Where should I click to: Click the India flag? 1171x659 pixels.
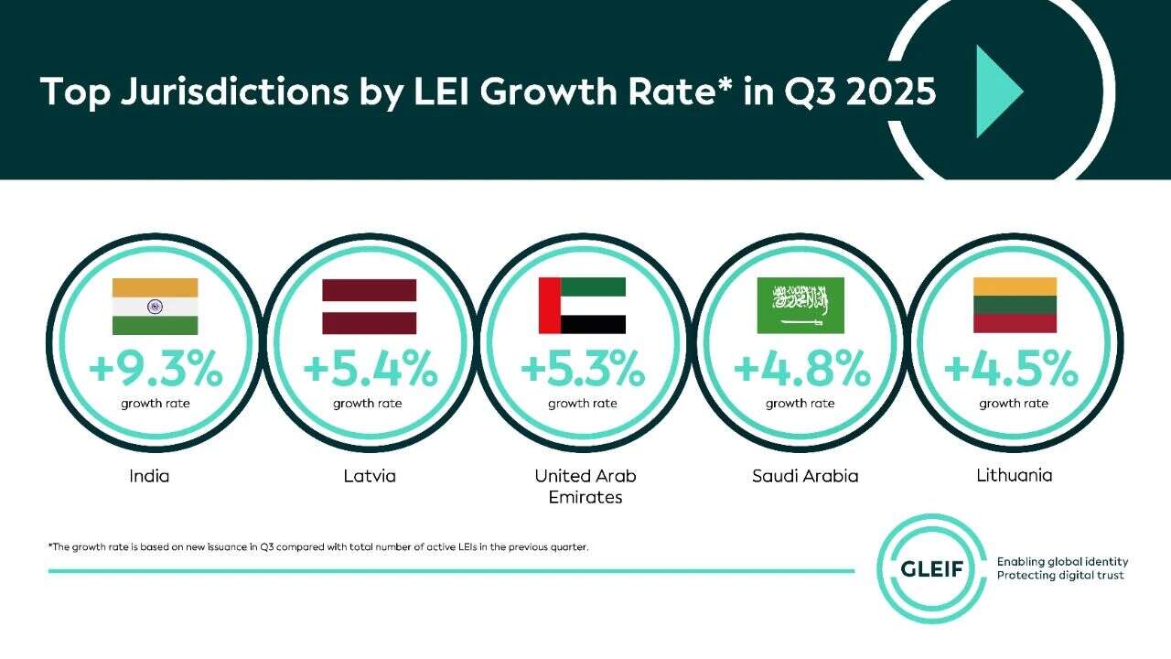pyautogui.click(x=155, y=307)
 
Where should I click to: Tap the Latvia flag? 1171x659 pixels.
pyautogui.click(x=369, y=307)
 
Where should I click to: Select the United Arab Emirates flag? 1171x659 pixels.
pyautogui.click(x=582, y=306)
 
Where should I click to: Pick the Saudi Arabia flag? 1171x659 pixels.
pyautogui.click(x=800, y=306)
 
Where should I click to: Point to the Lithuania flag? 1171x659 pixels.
pyautogui.click(x=1015, y=306)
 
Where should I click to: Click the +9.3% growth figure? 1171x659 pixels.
pyautogui.click(x=156, y=370)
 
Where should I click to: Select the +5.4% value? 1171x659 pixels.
pyautogui.click(x=370, y=370)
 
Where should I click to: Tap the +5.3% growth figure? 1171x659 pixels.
pyautogui.click(x=583, y=370)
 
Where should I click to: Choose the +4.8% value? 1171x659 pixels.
pyautogui.click(x=800, y=370)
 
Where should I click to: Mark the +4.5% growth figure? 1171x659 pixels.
pyautogui.click(x=1012, y=370)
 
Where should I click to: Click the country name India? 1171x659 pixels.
pyautogui.click(x=149, y=476)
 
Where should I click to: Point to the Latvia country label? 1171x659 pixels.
pyautogui.click(x=370, y=476)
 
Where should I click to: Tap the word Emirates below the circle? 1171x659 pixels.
pyautogui.click(x=585, y=498)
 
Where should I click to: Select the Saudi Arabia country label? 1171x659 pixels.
pyautogui.click(x=805, y=476)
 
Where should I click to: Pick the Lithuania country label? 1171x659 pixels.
pyautogui.click(x=1014, y=476)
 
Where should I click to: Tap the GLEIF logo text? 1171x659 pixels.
pyautogui.click(x=931, y=567)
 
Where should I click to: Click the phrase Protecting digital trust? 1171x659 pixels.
pyautogui.click(x=1060, y=576)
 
